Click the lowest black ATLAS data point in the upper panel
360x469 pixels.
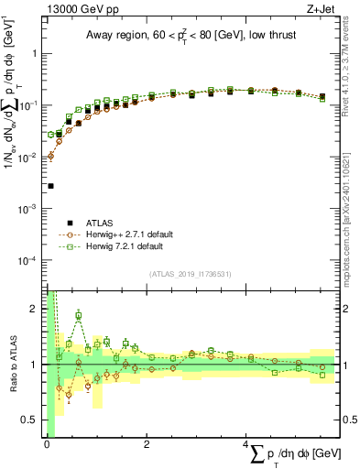coord(50,186)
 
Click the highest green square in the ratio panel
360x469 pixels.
coord(79,316)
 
